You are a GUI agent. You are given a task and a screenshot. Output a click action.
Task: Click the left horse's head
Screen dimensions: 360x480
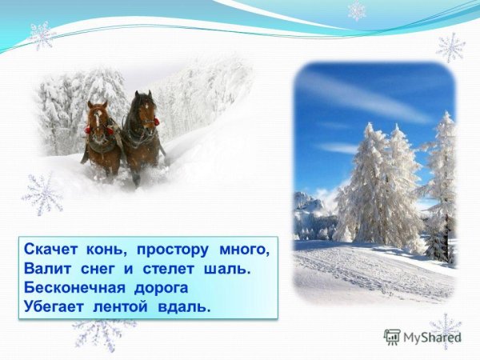[x=98, y=118]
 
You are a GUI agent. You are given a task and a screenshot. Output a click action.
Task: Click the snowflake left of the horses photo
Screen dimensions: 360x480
[x=42, y=194]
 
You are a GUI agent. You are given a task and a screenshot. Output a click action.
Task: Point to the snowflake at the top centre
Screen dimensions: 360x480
[x=356, y=11]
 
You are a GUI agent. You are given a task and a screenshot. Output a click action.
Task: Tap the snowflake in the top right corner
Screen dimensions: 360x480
[x=451, y=47]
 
